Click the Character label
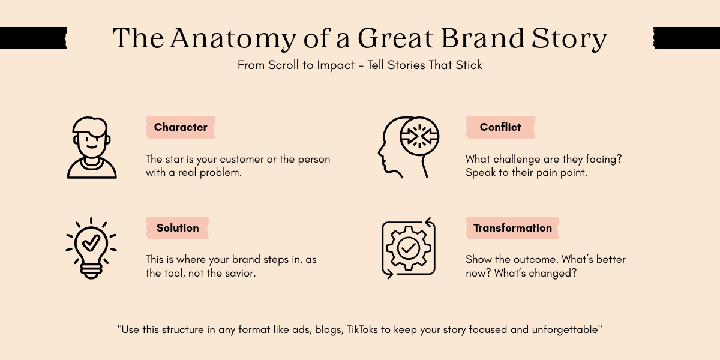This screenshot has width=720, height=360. pyautogui.click(x=181, y=127)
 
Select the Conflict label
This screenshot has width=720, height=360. pyautogui.click(x=500, y=127)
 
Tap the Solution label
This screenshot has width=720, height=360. pyautogui.click(x=178, y=228)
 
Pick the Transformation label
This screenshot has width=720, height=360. pyautogui.click(x=512, y=228)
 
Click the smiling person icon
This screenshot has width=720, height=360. pyautogui.click(x=92, y=148)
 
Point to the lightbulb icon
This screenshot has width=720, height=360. pyautogui.click(x=91, y=248)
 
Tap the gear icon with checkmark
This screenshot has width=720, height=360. pyautogui.click(x=409, y=248)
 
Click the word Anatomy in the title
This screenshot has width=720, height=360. pyautogui.click(x=231, y=38)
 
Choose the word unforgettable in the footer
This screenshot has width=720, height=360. pyautogui.click(x=563, y=329)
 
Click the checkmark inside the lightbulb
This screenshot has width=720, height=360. pyautogui.click(x=91, y=242)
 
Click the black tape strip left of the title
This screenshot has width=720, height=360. pyautogui.click(x=33, y=38)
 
